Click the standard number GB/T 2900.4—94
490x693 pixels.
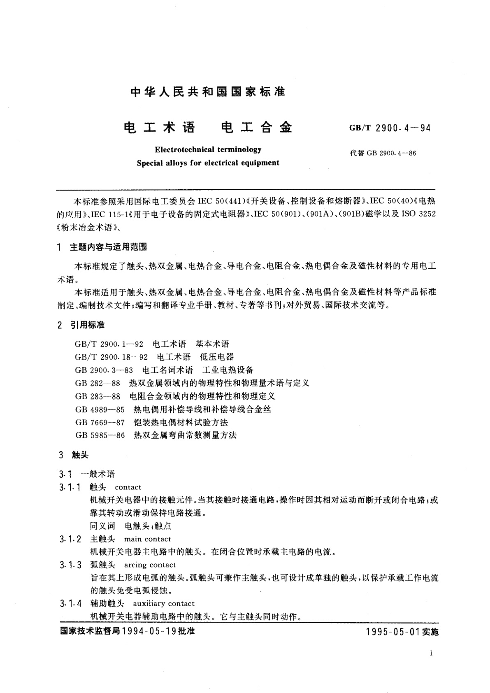click(390, 128)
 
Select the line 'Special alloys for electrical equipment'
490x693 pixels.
click(208, 163)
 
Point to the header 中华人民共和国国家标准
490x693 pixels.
click(208, 92)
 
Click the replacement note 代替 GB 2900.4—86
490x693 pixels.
click(383, 153)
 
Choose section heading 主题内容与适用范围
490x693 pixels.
click(108, 247)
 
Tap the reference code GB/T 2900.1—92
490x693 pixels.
click(109, 344)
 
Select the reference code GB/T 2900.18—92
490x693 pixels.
click(111, 357)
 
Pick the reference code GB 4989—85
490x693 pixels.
click(100, 409)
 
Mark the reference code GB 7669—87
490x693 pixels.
click(100, 422)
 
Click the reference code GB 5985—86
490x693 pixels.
click(100, 435)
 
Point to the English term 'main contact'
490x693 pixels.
click(147, 539)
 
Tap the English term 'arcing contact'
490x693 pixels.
click(150, 565)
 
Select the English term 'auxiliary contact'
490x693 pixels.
click(163, 604)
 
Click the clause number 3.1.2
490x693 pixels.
click(70, 539)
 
